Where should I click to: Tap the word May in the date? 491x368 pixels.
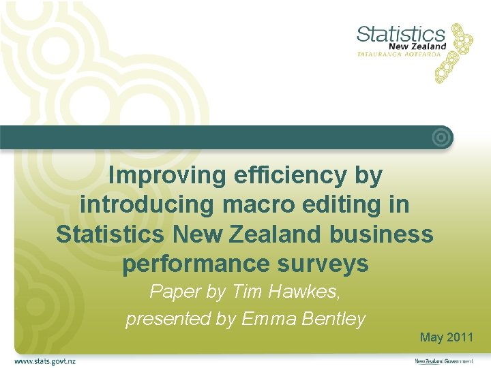(432, 337)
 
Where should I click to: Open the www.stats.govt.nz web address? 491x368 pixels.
(45, 361)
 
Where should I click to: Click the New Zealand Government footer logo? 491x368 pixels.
(444, 361)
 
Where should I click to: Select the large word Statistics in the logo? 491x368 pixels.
(400, 33)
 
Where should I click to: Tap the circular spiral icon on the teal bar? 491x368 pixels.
(442, 138)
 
